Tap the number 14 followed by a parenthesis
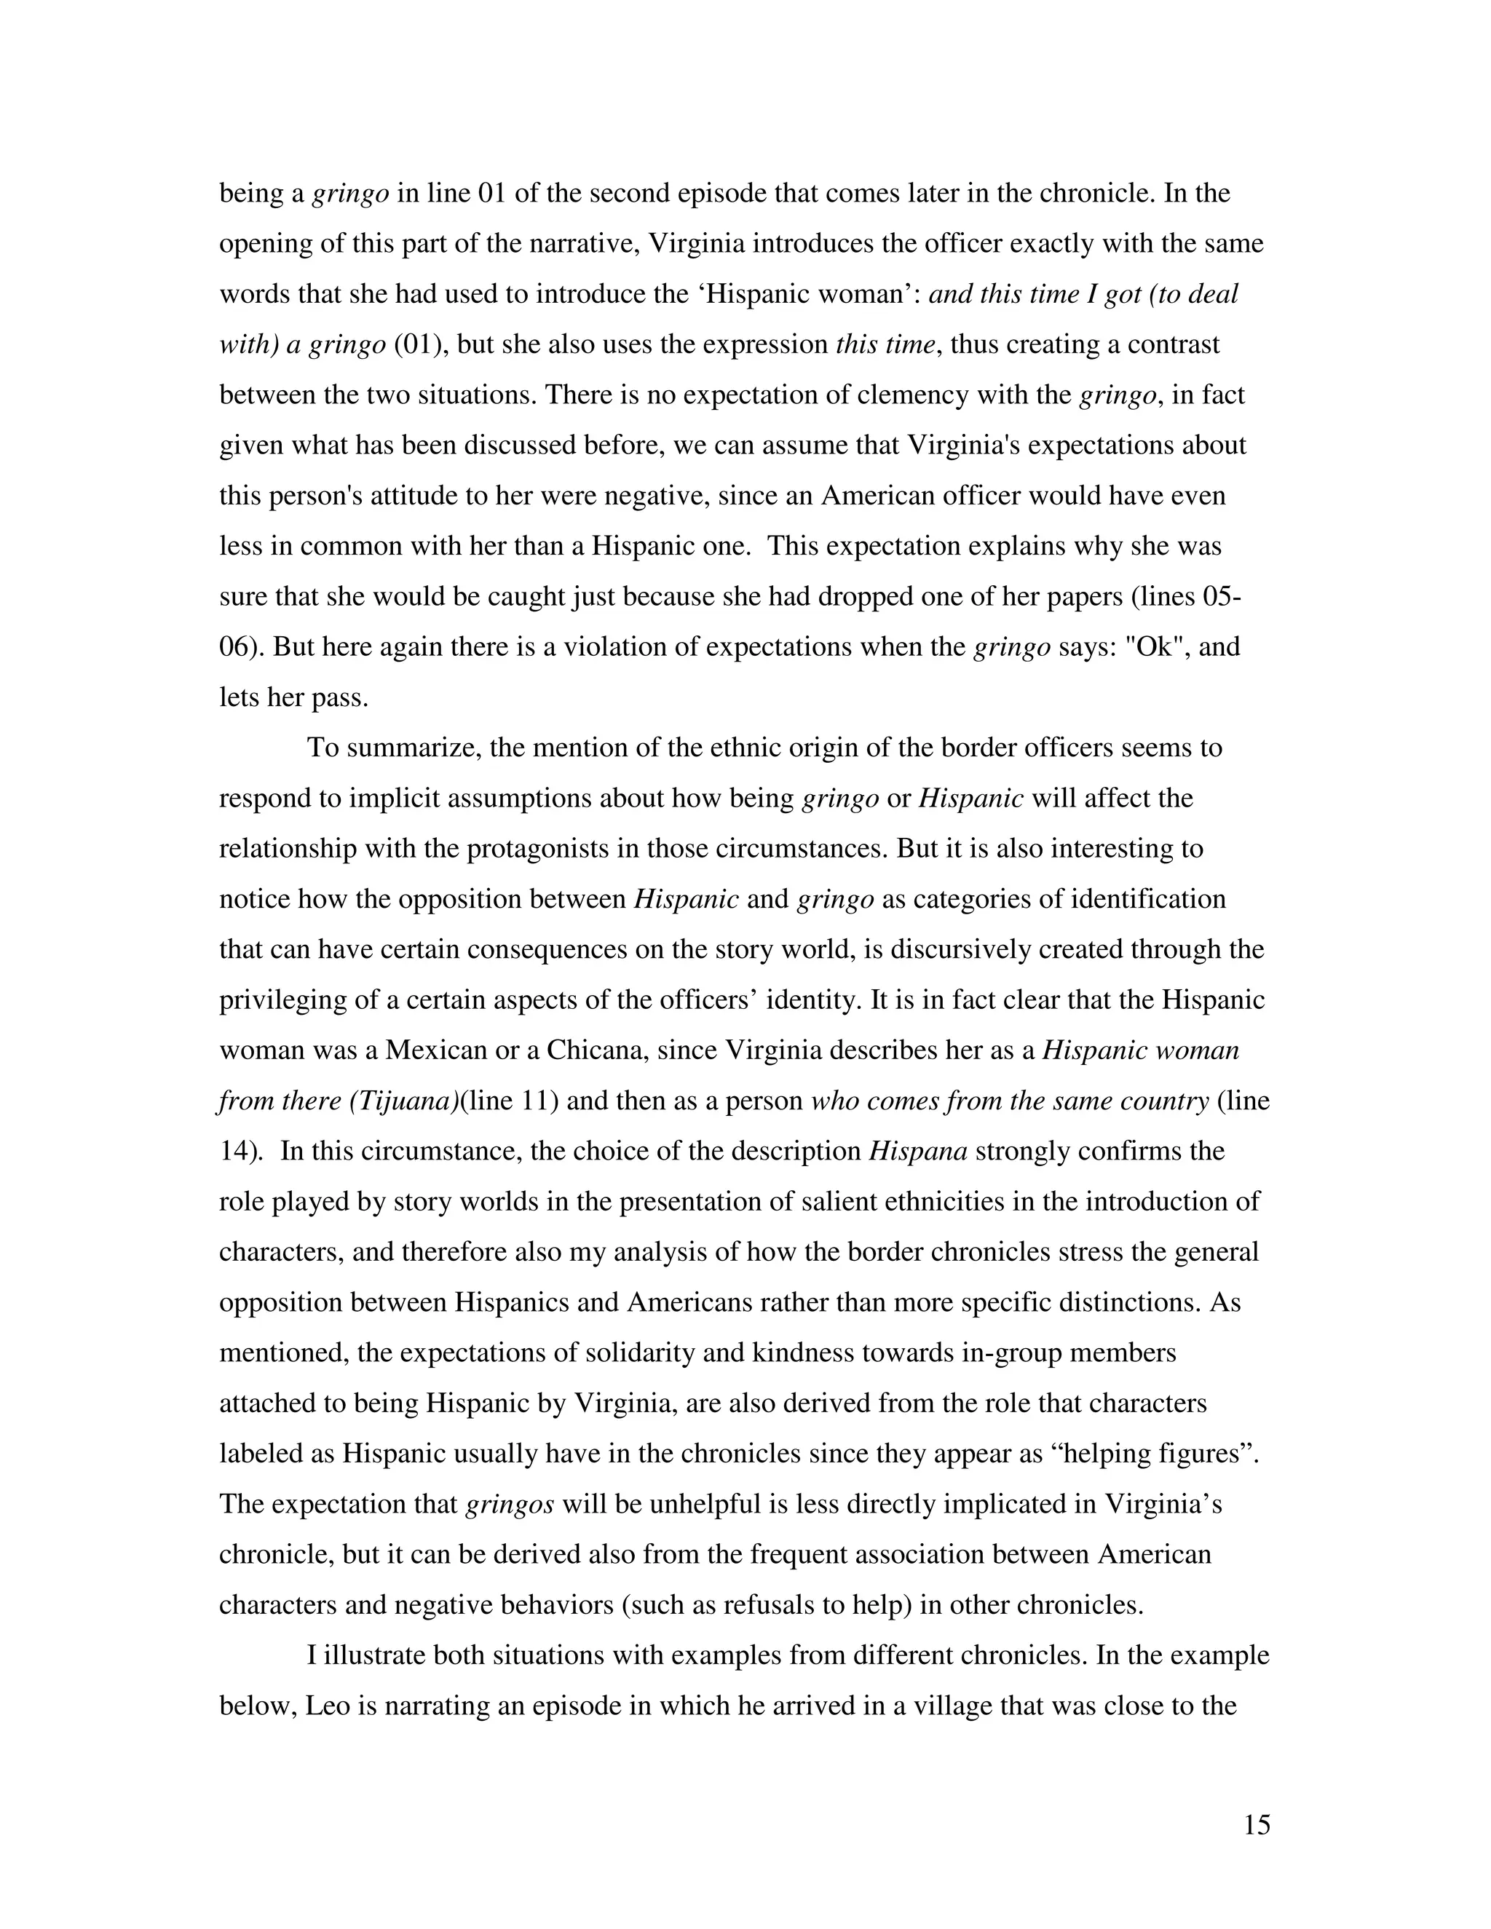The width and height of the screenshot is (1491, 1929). tap(237, 1152)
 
